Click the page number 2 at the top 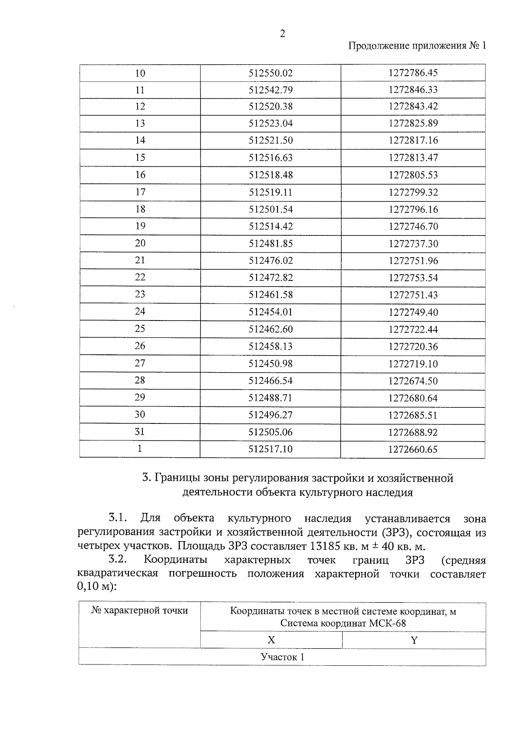282,34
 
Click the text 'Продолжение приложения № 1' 417,46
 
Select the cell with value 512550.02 270,73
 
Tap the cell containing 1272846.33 413,90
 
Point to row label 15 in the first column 140,158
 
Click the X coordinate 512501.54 270,209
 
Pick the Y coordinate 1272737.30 413,244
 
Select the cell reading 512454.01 270,312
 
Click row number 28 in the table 140,380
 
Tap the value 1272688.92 413,432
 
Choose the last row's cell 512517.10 270,449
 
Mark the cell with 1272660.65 413,449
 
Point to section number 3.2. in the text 118,560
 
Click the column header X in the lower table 271,640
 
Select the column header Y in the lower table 414,640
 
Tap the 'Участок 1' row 282,657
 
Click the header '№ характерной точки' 140,611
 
